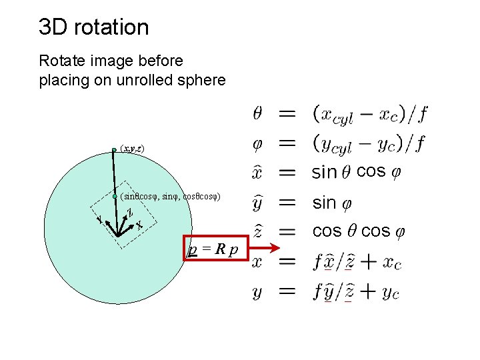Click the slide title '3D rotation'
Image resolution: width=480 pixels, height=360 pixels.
tap(94, 27)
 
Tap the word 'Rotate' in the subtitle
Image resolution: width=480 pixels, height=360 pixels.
tap(60, 61)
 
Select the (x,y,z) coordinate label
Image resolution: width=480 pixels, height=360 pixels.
tap(132, 149)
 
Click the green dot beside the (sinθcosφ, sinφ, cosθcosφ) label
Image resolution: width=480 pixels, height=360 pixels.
tap(115, 197)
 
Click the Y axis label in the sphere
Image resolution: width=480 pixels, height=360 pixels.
tap(99, 219)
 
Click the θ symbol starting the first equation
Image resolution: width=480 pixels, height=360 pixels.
tap(259, 114)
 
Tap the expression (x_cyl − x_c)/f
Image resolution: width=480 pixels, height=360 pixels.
tap(370, 115)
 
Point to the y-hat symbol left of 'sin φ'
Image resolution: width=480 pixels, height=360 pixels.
tap(259, 203)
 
